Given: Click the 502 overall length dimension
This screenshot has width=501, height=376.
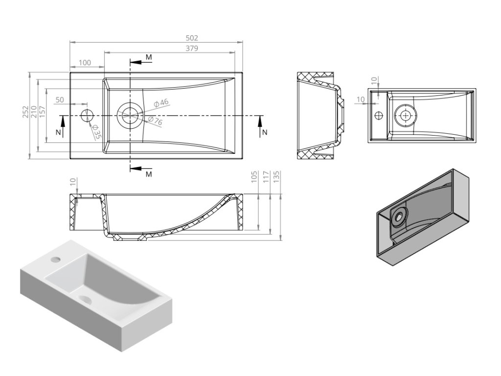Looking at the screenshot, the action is click(x=192, y=38).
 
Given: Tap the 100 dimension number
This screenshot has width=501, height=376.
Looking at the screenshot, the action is click(x=85, y=62).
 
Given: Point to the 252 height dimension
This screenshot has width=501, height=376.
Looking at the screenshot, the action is click(x=25, y=112).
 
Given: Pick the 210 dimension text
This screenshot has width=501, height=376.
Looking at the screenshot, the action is click(x=34, y=112).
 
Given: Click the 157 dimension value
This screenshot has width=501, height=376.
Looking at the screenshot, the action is click(x=42, y=112).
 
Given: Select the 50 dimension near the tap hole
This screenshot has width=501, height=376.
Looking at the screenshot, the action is click(x=60, y=100).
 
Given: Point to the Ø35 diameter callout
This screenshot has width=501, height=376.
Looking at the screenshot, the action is click(x=96, y=131).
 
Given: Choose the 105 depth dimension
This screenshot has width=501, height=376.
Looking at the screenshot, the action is click(x=253, y=177).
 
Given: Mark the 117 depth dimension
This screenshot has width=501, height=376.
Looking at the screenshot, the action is click(x=265, y=177).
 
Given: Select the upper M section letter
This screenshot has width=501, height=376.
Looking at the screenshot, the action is click(x=149, y=58).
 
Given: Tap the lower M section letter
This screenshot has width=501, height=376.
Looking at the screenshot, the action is click(x=149, y=174).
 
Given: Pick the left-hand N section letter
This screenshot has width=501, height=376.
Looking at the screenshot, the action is click(x=58, y=132).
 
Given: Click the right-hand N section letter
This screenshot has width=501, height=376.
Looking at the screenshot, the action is click(x=265, y=132).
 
